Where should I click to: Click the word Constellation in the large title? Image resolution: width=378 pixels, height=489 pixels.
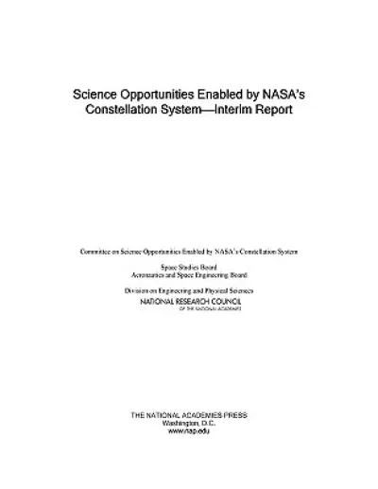(115, 110)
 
